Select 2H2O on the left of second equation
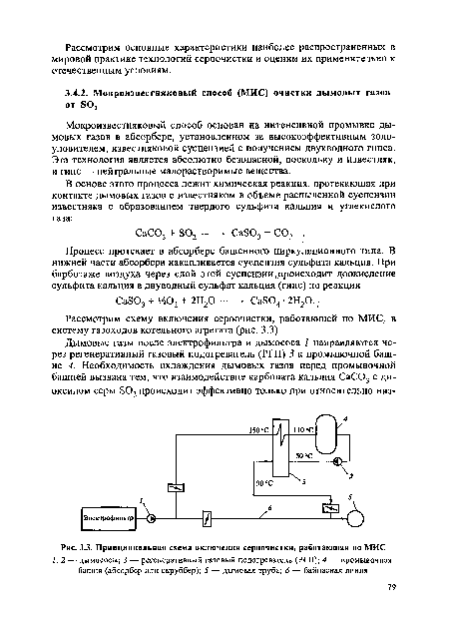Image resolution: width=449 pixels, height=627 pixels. (199, 299)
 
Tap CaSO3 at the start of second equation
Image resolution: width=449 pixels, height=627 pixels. (134, 299)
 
